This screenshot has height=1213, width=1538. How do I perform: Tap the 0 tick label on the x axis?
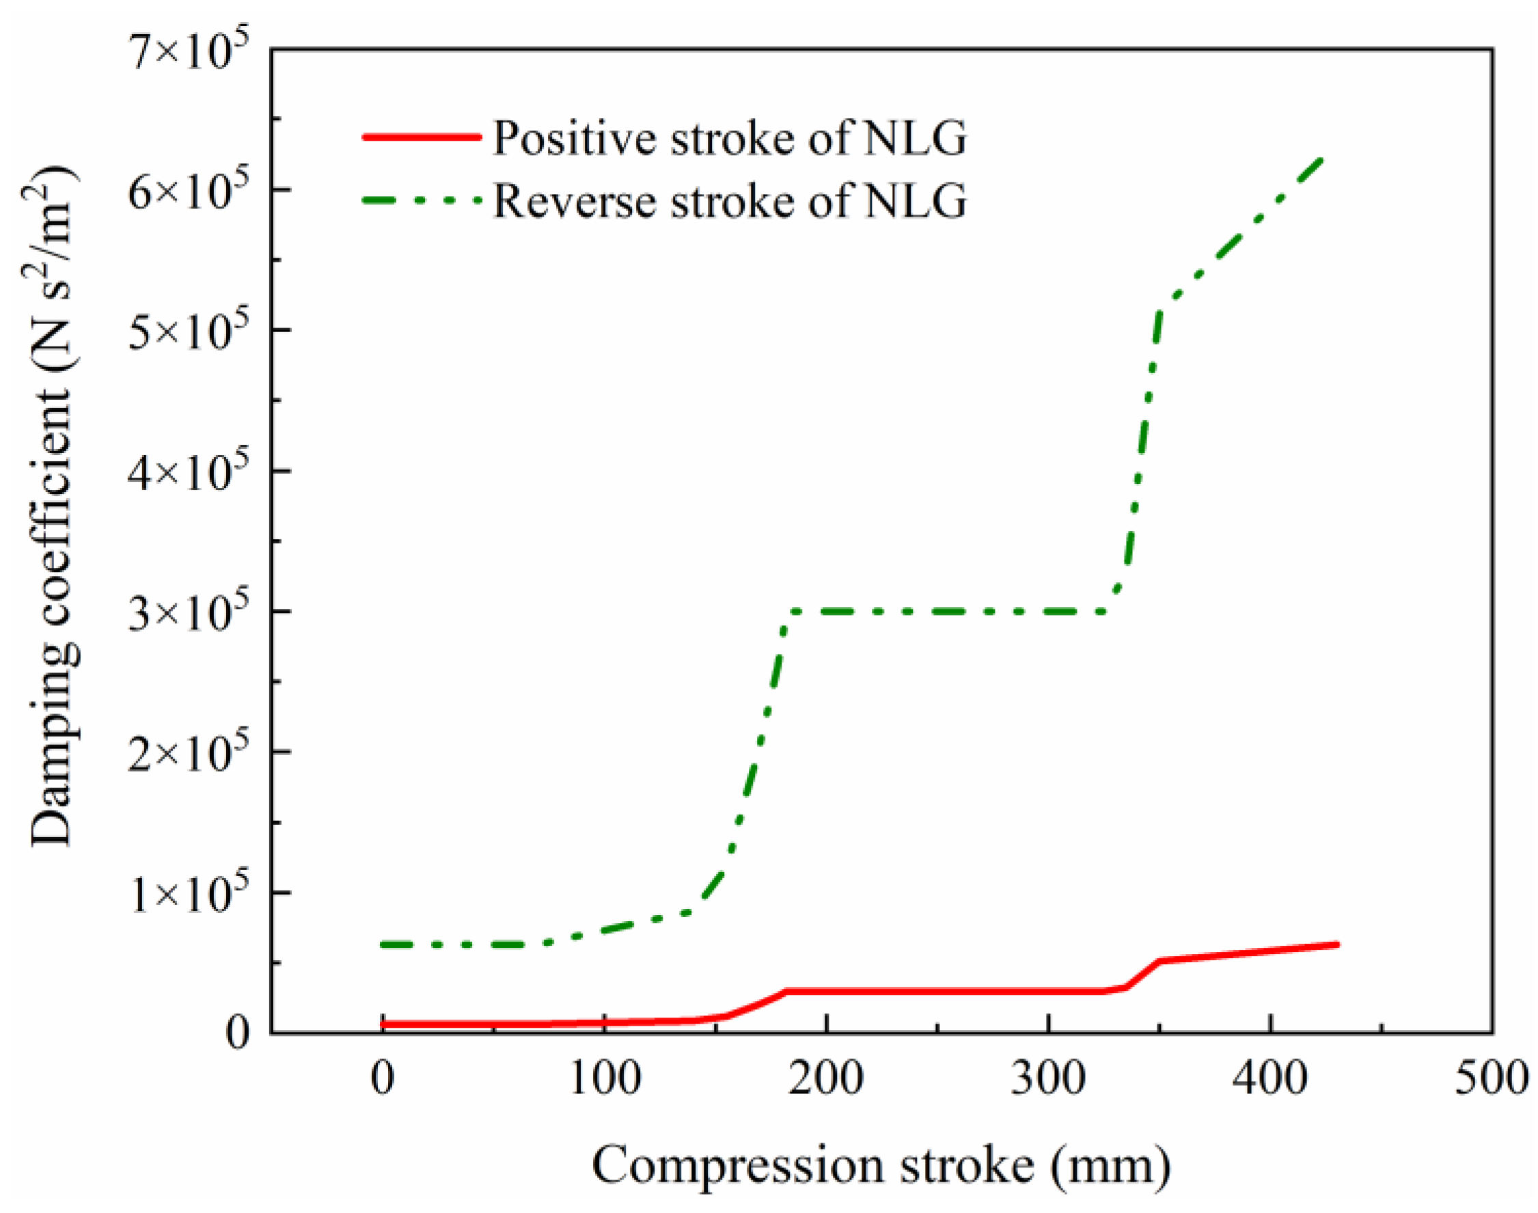[383, 1080]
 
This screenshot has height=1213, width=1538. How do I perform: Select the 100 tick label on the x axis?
[605, 1080]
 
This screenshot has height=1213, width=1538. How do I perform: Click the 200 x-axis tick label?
[827, 1080]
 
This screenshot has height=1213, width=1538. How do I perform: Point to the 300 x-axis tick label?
[1048, 1080]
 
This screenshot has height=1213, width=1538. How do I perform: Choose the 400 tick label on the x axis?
[1270, 1080]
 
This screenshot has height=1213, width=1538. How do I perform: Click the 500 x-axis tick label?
[1491, 1080]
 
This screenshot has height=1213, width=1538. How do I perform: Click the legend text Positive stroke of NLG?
[729, 138]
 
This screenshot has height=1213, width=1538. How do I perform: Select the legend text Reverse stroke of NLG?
[729, 201]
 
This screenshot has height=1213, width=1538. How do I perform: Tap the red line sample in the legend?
[422, 137]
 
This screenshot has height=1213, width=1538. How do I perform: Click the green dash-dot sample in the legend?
[422, 200]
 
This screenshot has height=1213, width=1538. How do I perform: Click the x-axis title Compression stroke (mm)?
[881, 1166]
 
